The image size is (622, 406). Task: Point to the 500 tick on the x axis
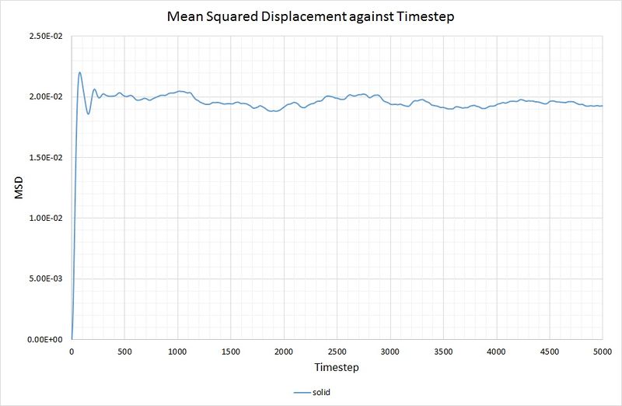tap(124, 351)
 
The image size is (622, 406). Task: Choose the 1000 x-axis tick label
tap(177, 351)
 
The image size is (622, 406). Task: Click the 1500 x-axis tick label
tap(231, 351)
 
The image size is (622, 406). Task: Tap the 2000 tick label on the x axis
tap(284, 351)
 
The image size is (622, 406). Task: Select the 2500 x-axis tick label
tap(337, 351)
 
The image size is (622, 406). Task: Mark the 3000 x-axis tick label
tap(390, 351)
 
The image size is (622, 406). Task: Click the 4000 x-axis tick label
tap(496, 351)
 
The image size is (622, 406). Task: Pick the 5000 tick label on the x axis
tap(602, 351)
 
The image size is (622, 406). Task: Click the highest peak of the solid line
tap(80, 73)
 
